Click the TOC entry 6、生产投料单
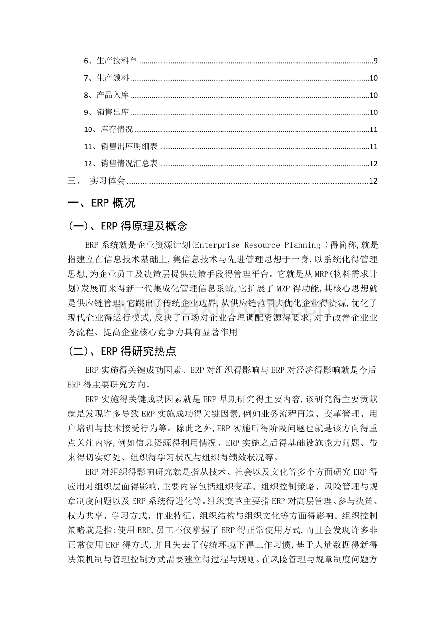(x=111, y=61)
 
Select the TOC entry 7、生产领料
(x=106, y=78)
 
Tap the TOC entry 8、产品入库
(x=106, y=95)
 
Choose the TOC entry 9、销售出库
(x=106, y=113)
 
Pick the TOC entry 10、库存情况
(x=108, y=129)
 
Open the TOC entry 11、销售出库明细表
(x=121, y=146)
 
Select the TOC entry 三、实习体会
(x=97, y=181)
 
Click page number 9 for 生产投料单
(x=375, y=61)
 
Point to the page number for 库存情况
(x=373, y=129)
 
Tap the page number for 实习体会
(x=373, y=181)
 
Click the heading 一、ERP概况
(x=102, y=203)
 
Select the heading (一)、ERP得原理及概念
(x=128, y=227)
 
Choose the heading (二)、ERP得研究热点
(x=128, y=352)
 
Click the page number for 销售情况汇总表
(x=373, y=164)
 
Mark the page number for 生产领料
(x=373, y=78)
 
